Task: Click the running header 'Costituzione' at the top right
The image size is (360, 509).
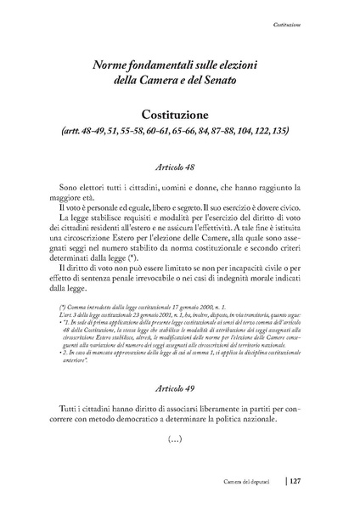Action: point(302,27)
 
